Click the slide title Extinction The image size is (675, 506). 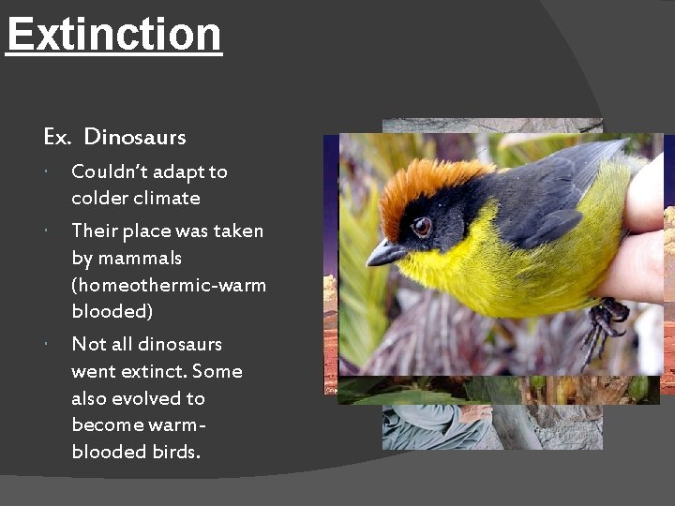click(x=113, y=35)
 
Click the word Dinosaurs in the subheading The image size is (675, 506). click(x=135, y=137)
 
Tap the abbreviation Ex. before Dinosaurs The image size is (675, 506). click(x=57, y=137)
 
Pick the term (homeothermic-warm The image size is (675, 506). click(x=169, y=284)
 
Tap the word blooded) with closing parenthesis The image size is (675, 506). click(x=112, y=311)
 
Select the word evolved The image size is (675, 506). click(x=145, y=398)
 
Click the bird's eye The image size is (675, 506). click(x=421, y=226)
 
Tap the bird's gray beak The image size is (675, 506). click(x=384, y=252)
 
